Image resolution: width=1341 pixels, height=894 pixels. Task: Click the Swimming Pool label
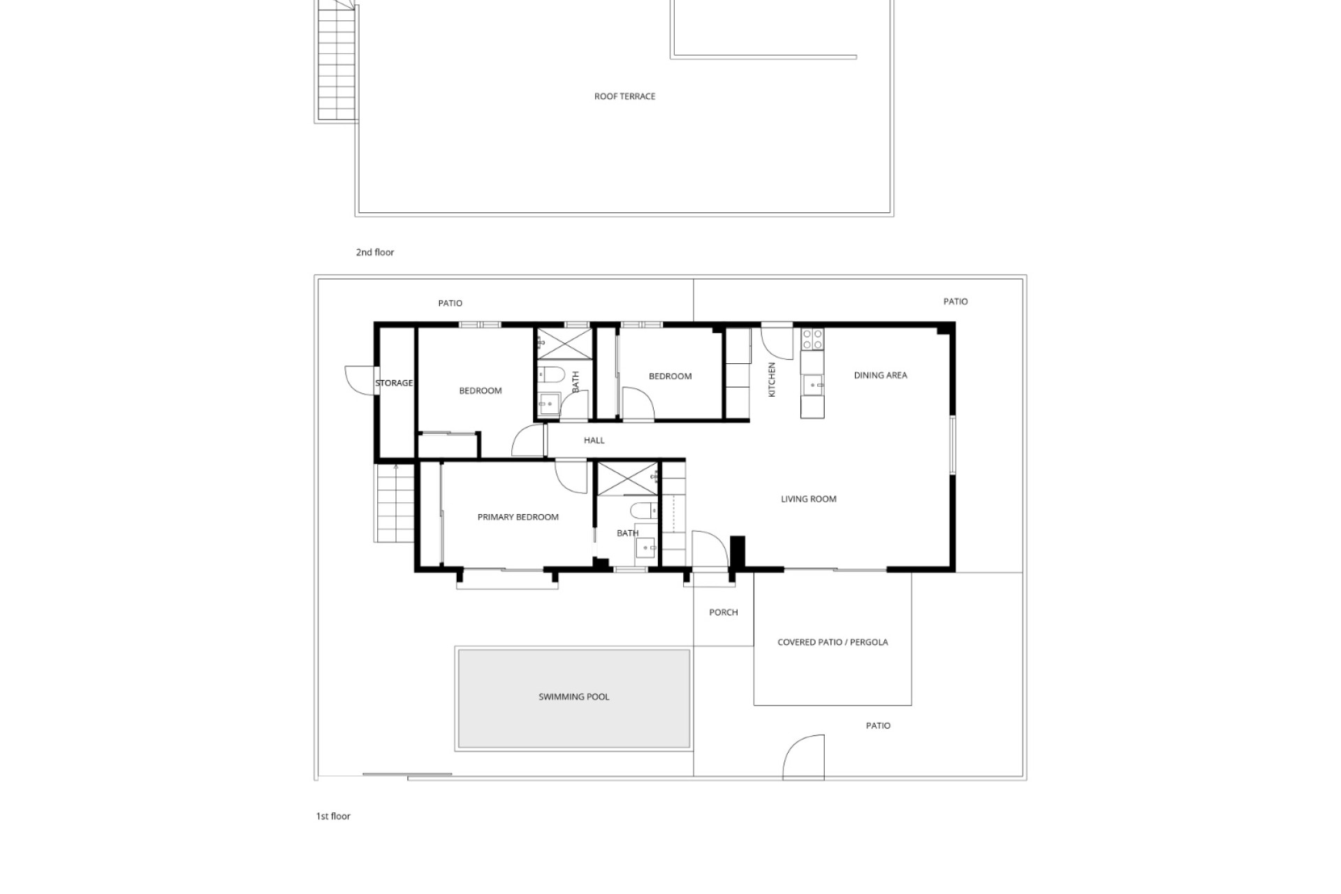click(574, 697)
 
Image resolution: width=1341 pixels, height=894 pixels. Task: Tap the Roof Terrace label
click(625, 96)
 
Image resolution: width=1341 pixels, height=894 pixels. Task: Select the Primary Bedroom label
click(518, 518)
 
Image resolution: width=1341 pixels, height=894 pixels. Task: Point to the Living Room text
click(809, 499)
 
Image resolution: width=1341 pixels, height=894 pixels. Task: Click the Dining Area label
click(881, 376)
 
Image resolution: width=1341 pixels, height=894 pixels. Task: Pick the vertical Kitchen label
click(772, 380)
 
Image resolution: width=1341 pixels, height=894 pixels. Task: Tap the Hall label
click(594, 441)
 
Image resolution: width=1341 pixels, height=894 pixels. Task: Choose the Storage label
click(394, 383)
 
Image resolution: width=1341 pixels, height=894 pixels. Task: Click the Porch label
click(724, 613)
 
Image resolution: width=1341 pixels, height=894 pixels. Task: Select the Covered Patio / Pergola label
click(833, 643)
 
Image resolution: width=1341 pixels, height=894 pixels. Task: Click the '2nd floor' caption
click(375, 253)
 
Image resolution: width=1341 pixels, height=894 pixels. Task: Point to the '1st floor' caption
click(333, 816)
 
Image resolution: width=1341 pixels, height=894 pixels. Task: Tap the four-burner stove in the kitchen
click(812, 339)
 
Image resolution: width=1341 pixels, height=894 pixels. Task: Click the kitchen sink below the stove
click(812, 385)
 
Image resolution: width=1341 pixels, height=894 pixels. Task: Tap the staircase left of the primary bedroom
click(395, 503)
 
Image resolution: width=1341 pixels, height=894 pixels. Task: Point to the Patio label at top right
click(955, 302)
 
